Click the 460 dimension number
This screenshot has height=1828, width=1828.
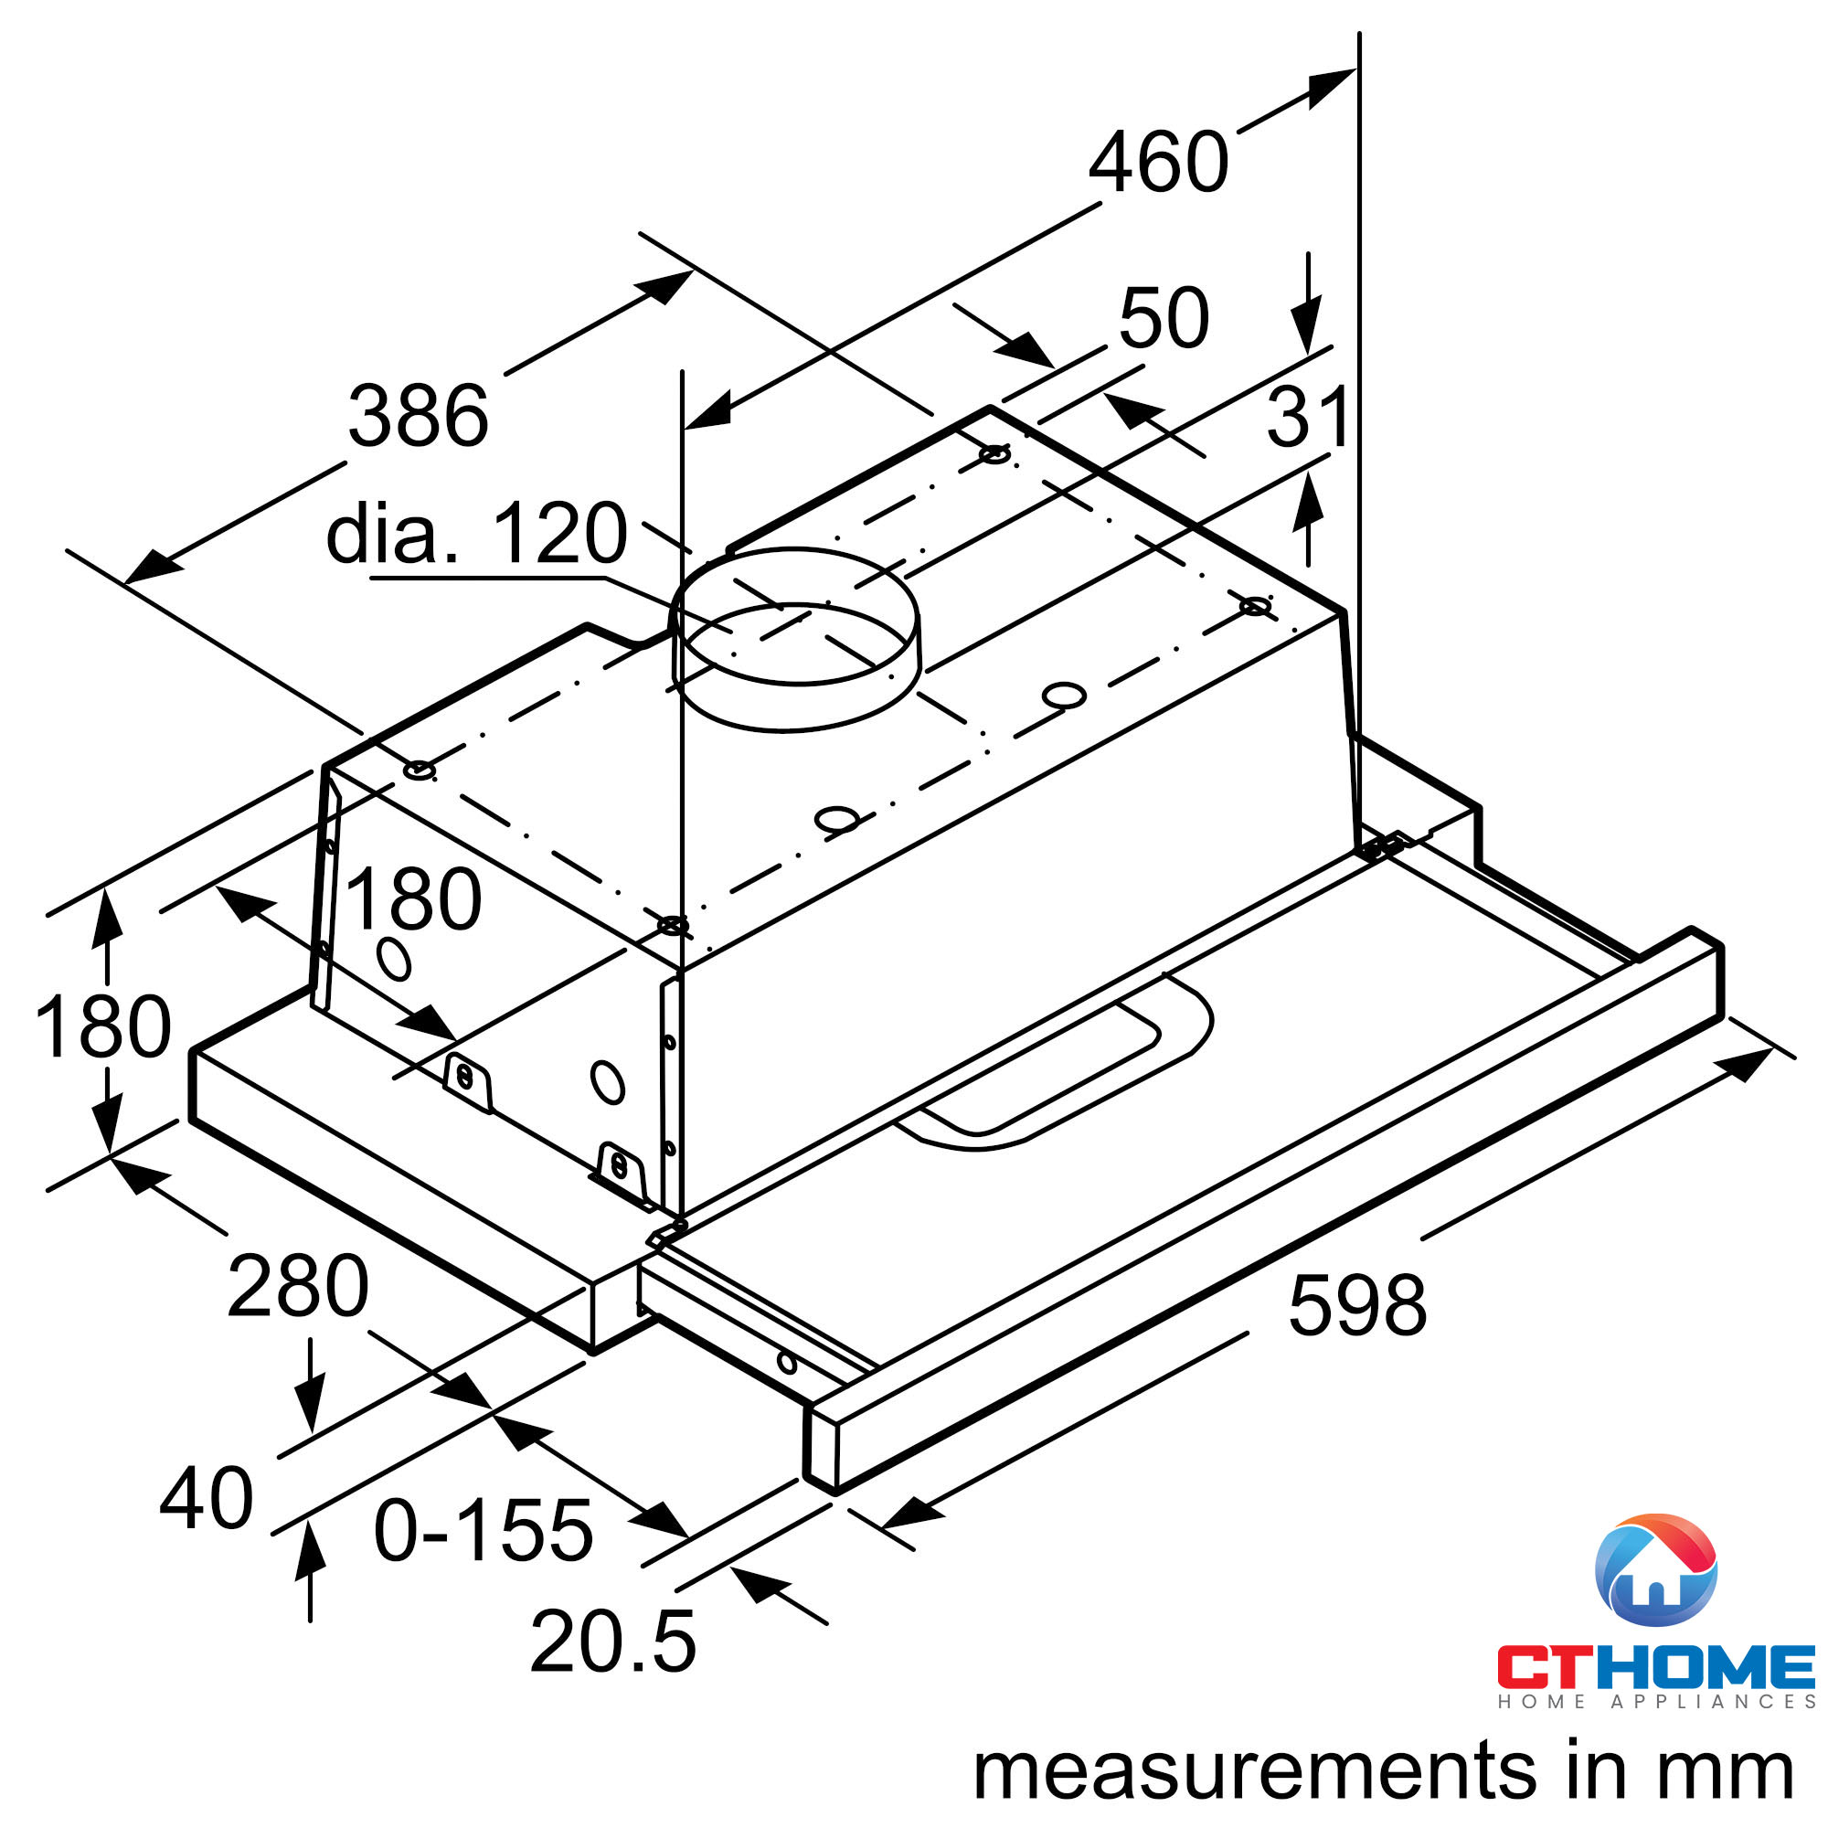tap(1158, 163)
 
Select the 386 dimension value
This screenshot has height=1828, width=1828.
tap(419, 415)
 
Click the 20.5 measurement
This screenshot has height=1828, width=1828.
tap(613, 1642)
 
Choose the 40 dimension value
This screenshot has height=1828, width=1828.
tap(207, 1498)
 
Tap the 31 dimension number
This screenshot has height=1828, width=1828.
tap(1308, 418)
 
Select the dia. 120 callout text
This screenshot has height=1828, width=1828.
tap(476, 534)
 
